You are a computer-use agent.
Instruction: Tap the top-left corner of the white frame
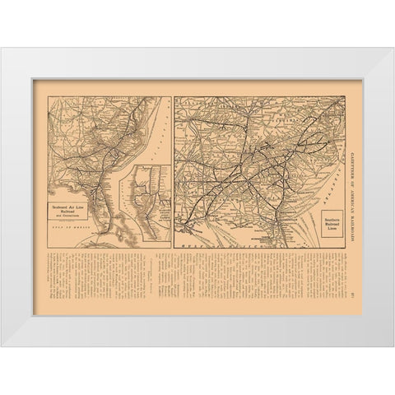2,49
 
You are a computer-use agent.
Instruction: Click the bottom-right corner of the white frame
393,346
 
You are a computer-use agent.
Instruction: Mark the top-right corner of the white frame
393,49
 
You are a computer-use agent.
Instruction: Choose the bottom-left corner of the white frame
2,346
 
